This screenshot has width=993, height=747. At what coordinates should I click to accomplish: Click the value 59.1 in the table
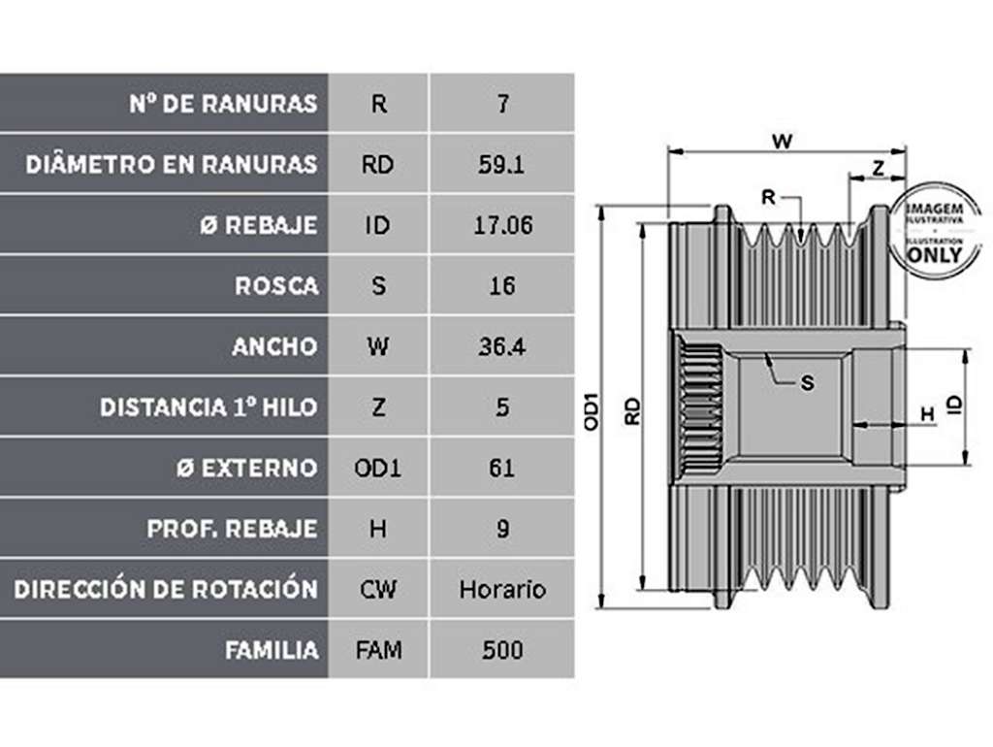(x=501, y=165)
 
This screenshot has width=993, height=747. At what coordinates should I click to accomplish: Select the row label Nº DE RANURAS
(x=223, y=104)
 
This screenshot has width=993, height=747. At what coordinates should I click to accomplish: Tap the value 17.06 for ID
(x=503, y=226)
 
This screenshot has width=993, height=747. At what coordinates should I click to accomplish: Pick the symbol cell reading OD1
(x=377, y=469)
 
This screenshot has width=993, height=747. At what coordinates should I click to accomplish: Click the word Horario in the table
(x=502, y=590)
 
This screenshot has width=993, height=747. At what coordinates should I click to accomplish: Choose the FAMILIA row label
(x=272, y=651)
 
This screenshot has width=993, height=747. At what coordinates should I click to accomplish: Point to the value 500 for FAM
(x=502, y=651)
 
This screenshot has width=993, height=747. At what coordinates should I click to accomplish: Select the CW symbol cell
(x=378, y=590)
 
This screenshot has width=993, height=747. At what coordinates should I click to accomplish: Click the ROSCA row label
(x=276, y=286)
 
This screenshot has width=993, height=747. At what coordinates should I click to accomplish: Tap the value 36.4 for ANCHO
(x=501, y=347)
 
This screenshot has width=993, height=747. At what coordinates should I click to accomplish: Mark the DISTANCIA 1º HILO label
(x=208, y=407)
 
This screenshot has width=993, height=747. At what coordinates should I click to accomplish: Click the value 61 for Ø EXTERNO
(x=501, y=469)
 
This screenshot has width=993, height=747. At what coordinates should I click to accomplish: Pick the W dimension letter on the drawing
(x=783, y=142)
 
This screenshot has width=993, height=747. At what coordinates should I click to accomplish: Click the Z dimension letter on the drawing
(x=878, y=169)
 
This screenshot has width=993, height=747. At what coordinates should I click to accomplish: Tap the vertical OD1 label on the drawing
(x=591, y=412)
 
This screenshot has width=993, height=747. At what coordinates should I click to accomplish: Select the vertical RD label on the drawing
(x=632, y=411)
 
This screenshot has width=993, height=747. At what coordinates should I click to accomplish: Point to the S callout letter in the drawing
(x=807, y=382)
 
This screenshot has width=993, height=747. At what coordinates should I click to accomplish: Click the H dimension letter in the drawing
(x=927, y=414)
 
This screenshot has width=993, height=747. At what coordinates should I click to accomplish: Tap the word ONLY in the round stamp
(x=935, y=255)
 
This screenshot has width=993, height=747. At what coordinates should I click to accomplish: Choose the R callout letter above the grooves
(x=768, y=198)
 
